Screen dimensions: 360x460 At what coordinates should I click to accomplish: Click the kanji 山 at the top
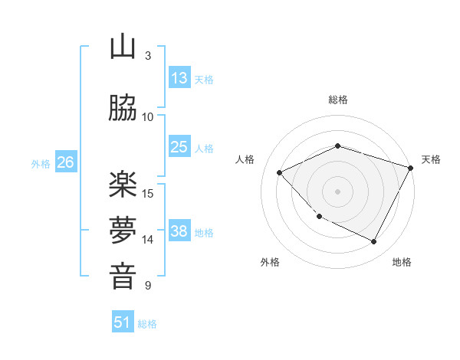[123, 47]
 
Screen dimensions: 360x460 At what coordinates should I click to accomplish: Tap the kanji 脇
[123, 109]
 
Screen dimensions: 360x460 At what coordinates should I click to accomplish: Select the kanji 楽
[123, 185]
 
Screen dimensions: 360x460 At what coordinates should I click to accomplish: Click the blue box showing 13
[179, 78]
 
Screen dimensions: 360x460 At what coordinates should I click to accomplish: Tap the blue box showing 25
[179, 147]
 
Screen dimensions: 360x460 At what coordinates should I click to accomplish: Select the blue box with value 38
[179, 231]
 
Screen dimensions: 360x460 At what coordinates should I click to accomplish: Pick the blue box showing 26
[65, 162]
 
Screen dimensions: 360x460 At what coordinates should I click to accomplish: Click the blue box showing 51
[123, 322]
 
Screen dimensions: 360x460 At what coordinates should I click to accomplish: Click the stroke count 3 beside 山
[148, 55]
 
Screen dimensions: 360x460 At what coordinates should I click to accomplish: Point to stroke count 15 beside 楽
[149, 193]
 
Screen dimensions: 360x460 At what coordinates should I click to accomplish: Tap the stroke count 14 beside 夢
[149, 240]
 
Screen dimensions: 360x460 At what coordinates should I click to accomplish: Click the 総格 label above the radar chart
[337, 100]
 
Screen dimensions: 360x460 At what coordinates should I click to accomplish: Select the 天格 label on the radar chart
[431, 159]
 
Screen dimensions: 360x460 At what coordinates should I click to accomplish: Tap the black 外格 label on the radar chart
[270, 262]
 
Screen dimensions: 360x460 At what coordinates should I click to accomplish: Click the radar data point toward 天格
[411, 168]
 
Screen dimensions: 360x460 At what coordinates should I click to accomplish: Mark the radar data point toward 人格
[280, 173]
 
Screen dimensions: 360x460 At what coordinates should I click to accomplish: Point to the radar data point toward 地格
[374, 242]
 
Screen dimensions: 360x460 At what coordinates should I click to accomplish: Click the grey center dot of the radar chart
[337, 191]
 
